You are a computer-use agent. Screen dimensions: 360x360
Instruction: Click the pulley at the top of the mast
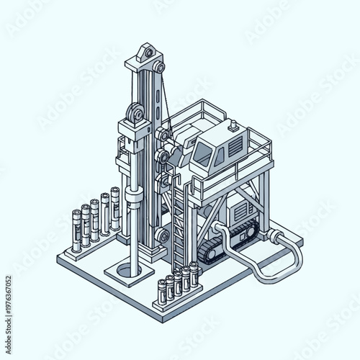pyautogui.click(x=148, y=53)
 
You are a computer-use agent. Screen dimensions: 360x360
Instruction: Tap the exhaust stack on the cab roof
pyautogui.click(x=233, y=127)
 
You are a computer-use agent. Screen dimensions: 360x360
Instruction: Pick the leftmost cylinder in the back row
pyautogui.click(x=77, y=230)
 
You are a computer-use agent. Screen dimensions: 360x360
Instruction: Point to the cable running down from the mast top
pyautogui.click(x=163, y=94)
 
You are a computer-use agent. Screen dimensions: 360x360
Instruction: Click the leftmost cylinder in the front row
pyautogui.click(x=162, y=290)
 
